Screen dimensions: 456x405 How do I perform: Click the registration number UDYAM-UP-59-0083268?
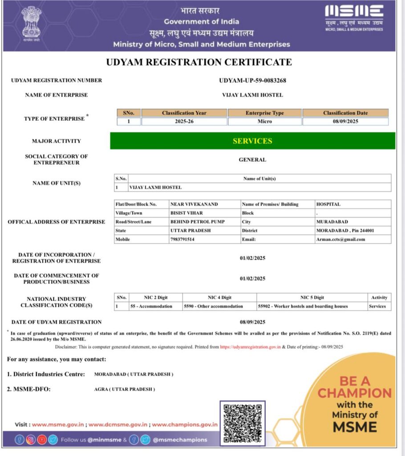[x=252, y=81]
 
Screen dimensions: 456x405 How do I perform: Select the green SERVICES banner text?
[x=252, y=141]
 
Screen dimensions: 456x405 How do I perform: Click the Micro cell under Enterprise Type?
[x=264, y=122]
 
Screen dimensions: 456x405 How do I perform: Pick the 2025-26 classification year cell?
[x=184, y=122]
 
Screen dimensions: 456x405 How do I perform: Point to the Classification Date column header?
[x=345, y=113]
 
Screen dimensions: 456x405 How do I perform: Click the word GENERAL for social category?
[x=252, y=159]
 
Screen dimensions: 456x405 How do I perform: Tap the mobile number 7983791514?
[x=182, y=240]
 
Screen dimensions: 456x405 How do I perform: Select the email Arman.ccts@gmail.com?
[x=340, y=240]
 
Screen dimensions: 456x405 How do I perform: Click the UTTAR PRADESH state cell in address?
[x=190, y=231]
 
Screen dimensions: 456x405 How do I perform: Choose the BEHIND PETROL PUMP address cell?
[x=198, y=222]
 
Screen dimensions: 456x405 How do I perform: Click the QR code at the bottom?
[x=242, y=422]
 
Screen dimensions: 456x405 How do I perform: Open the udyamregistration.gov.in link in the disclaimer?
[x=250, y=347]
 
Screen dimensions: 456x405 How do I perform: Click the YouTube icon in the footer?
[x=42, y=440]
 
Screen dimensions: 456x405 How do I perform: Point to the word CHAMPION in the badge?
[x=354, y=393]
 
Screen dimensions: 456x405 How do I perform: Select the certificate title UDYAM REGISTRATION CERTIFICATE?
[x=199, y=62]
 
